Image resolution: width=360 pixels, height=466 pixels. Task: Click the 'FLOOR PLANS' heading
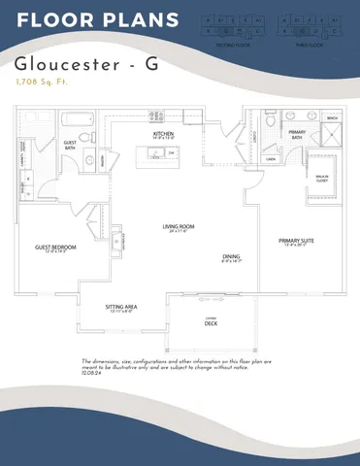[97, 20]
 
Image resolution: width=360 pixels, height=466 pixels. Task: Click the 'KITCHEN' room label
[162, 134]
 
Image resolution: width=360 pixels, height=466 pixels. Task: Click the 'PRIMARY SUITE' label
[295, 240]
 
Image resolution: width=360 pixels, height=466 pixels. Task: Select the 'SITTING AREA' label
[121, 307]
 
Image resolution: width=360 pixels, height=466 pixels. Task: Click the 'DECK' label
[210, 323]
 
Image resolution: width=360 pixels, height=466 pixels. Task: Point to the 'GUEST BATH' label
[70, 143]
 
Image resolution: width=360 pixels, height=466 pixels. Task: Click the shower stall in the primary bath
[327, 137]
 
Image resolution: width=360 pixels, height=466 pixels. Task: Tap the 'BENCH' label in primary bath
[332, 118]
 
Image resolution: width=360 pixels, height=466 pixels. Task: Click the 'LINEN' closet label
[272, 158]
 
